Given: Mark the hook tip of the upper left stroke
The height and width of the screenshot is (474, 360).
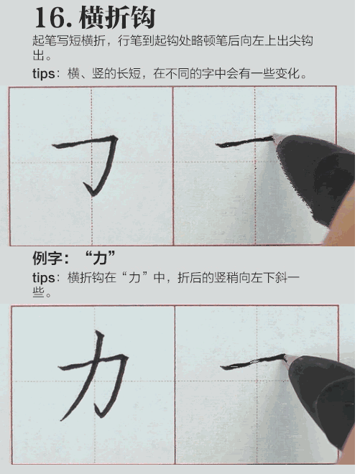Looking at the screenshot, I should tap(87, 188).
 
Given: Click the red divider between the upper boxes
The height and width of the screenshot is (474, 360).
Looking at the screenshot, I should tap(173, 165).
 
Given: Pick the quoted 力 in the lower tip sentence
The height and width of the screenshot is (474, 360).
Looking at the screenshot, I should tap(134, 278).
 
